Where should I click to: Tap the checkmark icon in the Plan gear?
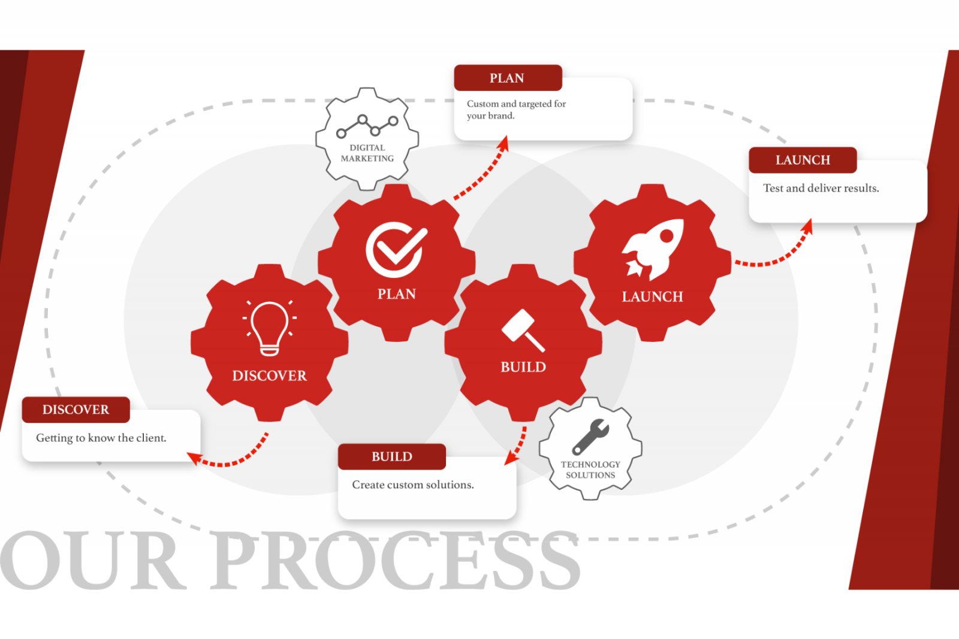coord(396,249)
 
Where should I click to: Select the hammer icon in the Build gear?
coord(523,330)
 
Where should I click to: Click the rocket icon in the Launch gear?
coord(653,249)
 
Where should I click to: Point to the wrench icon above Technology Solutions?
coord(591,436)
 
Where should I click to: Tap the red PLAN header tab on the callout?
coord(508,78)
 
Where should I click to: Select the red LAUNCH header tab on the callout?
coord(803,160)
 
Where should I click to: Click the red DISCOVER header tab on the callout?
coord(76,410)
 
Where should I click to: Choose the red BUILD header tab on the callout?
coord(392,457)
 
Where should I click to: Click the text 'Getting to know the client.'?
coord(101,438)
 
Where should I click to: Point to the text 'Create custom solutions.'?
coord(413,484)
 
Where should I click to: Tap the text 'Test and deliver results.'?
coord(821,188)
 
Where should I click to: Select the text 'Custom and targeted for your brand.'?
coord(516,110)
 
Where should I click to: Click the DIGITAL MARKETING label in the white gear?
coord(367,153)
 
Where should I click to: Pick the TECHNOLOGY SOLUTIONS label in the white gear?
coord(590,470)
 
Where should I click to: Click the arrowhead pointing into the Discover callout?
coord(194,458)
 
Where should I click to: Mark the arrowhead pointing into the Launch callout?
coord(807,226)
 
